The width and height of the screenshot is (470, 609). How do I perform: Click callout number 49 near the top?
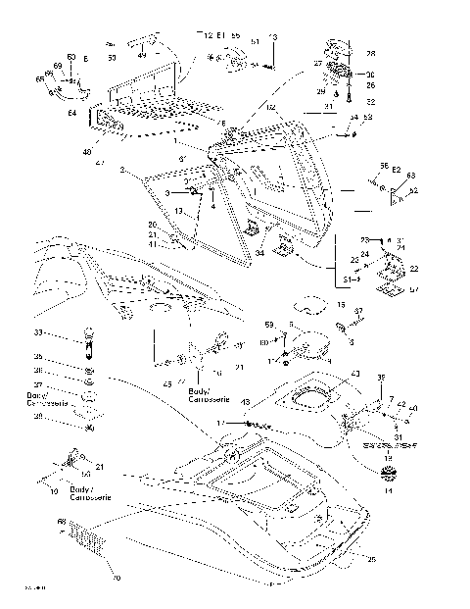click(142, 56)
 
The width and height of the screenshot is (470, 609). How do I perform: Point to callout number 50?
click(110, 59)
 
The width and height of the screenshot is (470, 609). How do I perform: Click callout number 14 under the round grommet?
click(388, 490)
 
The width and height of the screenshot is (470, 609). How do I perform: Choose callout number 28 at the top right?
click(370, 53)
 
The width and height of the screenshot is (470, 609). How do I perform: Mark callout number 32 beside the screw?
click(370, 101)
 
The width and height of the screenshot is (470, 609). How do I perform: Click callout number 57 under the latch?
click(414, 290)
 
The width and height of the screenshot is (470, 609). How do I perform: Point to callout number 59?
click(268, 324)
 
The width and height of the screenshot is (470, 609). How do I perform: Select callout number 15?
click(340, 306)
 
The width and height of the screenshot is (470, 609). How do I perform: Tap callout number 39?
click(382, 378)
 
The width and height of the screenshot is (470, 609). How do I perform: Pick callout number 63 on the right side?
click(412, 177)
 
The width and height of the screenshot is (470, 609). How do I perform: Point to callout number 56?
click(384, 166)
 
